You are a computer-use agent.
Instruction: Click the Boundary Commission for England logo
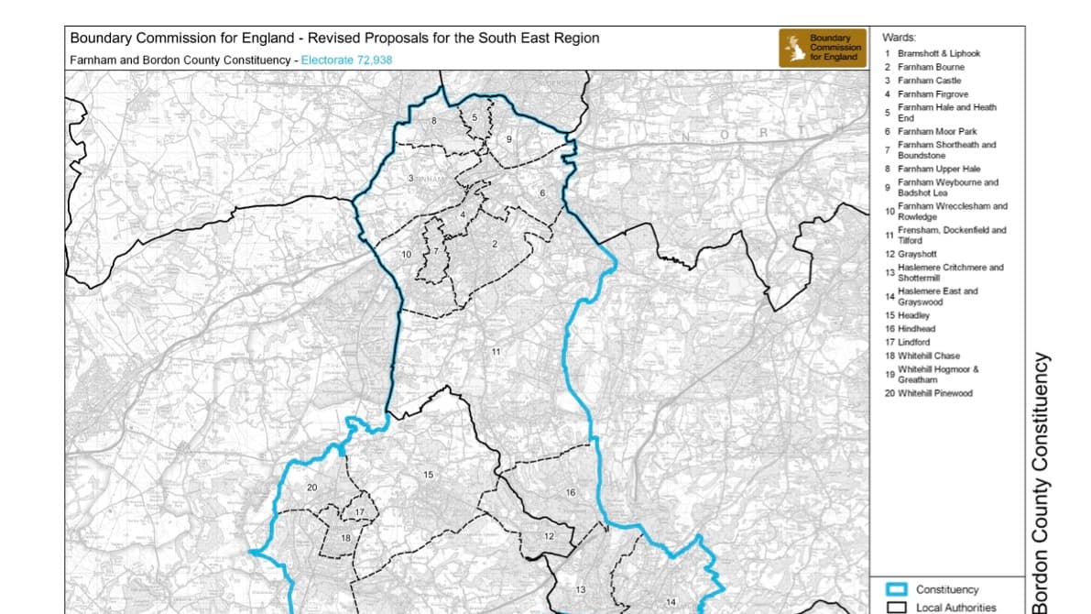[x=821, y=48]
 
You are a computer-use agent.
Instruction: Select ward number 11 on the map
[x=495, y=352]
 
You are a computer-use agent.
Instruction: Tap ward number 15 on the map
[x=428, y=474]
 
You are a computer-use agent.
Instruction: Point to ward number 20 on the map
[x=311, y=488]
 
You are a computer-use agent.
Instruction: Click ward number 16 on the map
[x=570, y=493]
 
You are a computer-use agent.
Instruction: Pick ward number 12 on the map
[x=549, y=535]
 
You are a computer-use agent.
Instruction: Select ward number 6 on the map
[x=542, y=192]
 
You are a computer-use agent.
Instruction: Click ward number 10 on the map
[x=406, y=253]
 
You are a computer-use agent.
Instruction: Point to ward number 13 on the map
[x=580, y=589]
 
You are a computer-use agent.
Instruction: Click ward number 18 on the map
[x=345, y=538]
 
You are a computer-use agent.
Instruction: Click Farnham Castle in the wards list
[x=929, y=81]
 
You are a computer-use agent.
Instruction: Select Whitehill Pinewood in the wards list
[x=934, y=393]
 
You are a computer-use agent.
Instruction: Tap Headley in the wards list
[x=913, y=315]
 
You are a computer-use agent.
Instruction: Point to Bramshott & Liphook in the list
[x=938, y=53]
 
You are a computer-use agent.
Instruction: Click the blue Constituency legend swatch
[x=899, y=589]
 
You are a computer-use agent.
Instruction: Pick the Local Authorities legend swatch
[x=899, y=607]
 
